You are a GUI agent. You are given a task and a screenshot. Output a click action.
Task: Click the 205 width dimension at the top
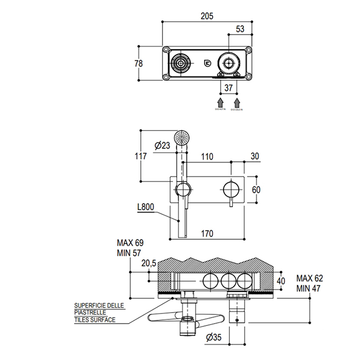(x=207, y=16)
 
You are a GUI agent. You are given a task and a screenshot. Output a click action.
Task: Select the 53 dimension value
(x=240, y=29)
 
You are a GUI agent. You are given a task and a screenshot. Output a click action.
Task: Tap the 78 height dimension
(x=138, y=63)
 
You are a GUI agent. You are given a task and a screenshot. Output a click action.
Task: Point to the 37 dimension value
(x=229, y=88)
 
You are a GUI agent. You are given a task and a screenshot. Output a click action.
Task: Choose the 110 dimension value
(x=207, y=156)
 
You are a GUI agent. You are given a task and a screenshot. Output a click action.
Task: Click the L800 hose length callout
(x=147, y=208)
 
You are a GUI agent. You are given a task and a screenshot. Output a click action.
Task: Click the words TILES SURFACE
(x=94, y=320)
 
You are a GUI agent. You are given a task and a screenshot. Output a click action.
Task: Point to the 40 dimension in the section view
(x=280, y=281)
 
